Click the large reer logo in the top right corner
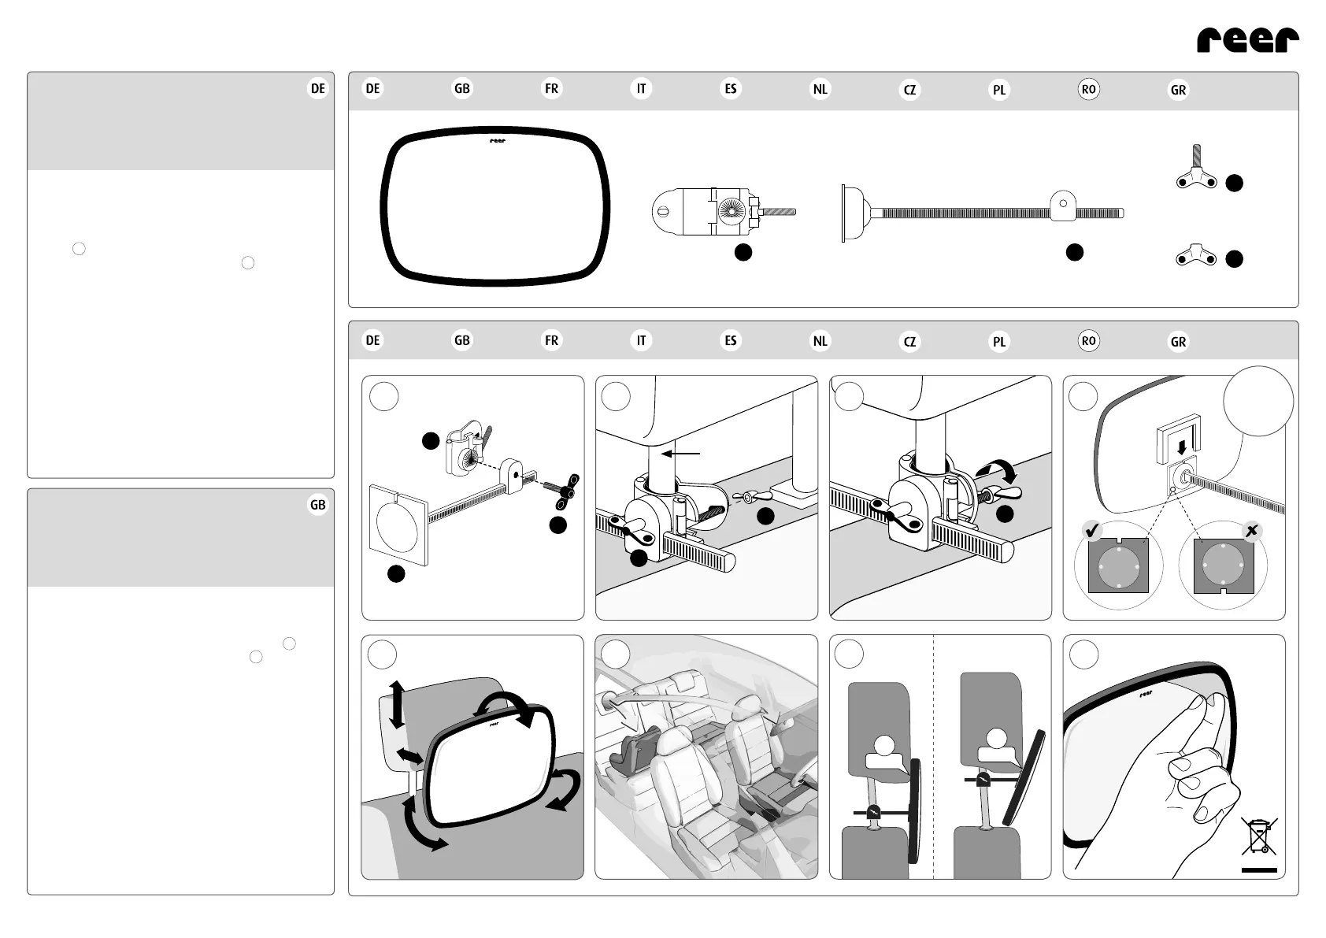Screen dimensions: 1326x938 point(1247,39)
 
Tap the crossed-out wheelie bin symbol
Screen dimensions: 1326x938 point(1259,837)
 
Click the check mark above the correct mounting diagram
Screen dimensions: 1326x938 point(1092,532)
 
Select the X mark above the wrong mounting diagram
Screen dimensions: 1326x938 point(1251,532)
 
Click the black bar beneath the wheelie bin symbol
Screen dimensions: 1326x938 point(1259,870)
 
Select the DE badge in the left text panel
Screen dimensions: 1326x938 point(317,89)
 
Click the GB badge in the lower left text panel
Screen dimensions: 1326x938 point(317,506)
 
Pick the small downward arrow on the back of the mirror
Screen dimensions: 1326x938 point(1181,447)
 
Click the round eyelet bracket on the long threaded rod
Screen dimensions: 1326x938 point(1062,206)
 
